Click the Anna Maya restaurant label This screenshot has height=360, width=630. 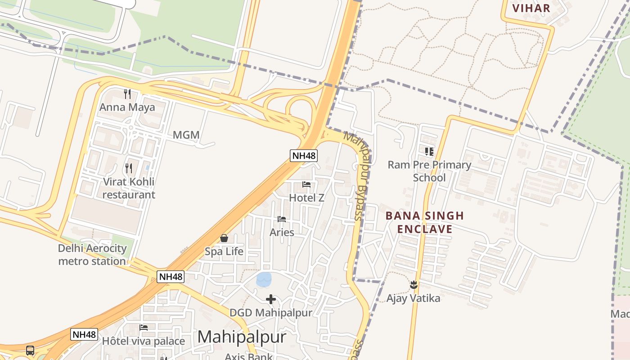[x=127, y=107]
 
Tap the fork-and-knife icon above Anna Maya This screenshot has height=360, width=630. [x=127, y=94]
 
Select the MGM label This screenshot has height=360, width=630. [x=186, y=135]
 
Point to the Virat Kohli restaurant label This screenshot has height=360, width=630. [x=129, y=188]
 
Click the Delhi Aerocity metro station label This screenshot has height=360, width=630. [x=92, y=255]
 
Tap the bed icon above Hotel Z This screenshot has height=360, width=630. [x=306, y=184]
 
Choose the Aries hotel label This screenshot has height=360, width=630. [x=282, y=232]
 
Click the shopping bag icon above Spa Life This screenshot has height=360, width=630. [x=224, y=238]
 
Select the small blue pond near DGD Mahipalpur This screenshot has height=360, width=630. [x=264, y=279]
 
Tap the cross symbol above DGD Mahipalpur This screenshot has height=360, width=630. [x=271, y=299]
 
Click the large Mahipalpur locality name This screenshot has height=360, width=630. [x=242, y=337]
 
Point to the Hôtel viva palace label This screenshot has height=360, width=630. [x=143, y=341]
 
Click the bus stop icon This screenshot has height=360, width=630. [x=30, y=350]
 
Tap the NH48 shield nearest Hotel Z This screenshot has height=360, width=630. [x=304, y=156]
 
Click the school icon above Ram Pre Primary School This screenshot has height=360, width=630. [x=429, y=152]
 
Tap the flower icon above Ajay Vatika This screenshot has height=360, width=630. [x=414, y=285]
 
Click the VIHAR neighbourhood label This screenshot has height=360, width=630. [x=531, y=8]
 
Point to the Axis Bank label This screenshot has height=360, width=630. [x=248, y=356]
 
